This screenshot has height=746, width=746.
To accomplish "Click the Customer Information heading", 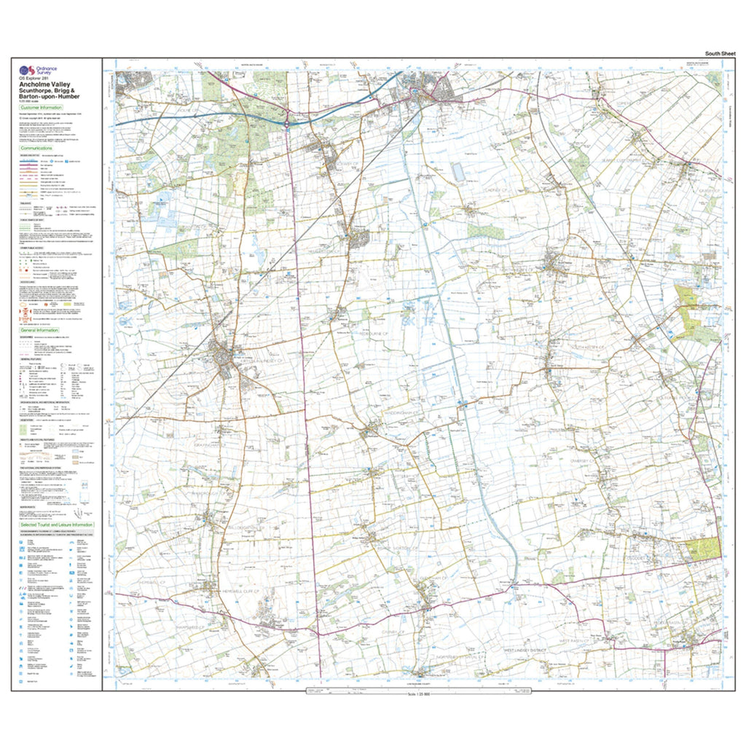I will point(42,107).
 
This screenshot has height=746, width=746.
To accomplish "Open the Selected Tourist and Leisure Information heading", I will point(57,525).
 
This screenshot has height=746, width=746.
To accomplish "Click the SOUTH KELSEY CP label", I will point(587,348).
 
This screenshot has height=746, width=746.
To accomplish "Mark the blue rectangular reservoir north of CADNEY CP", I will point(458,172).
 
